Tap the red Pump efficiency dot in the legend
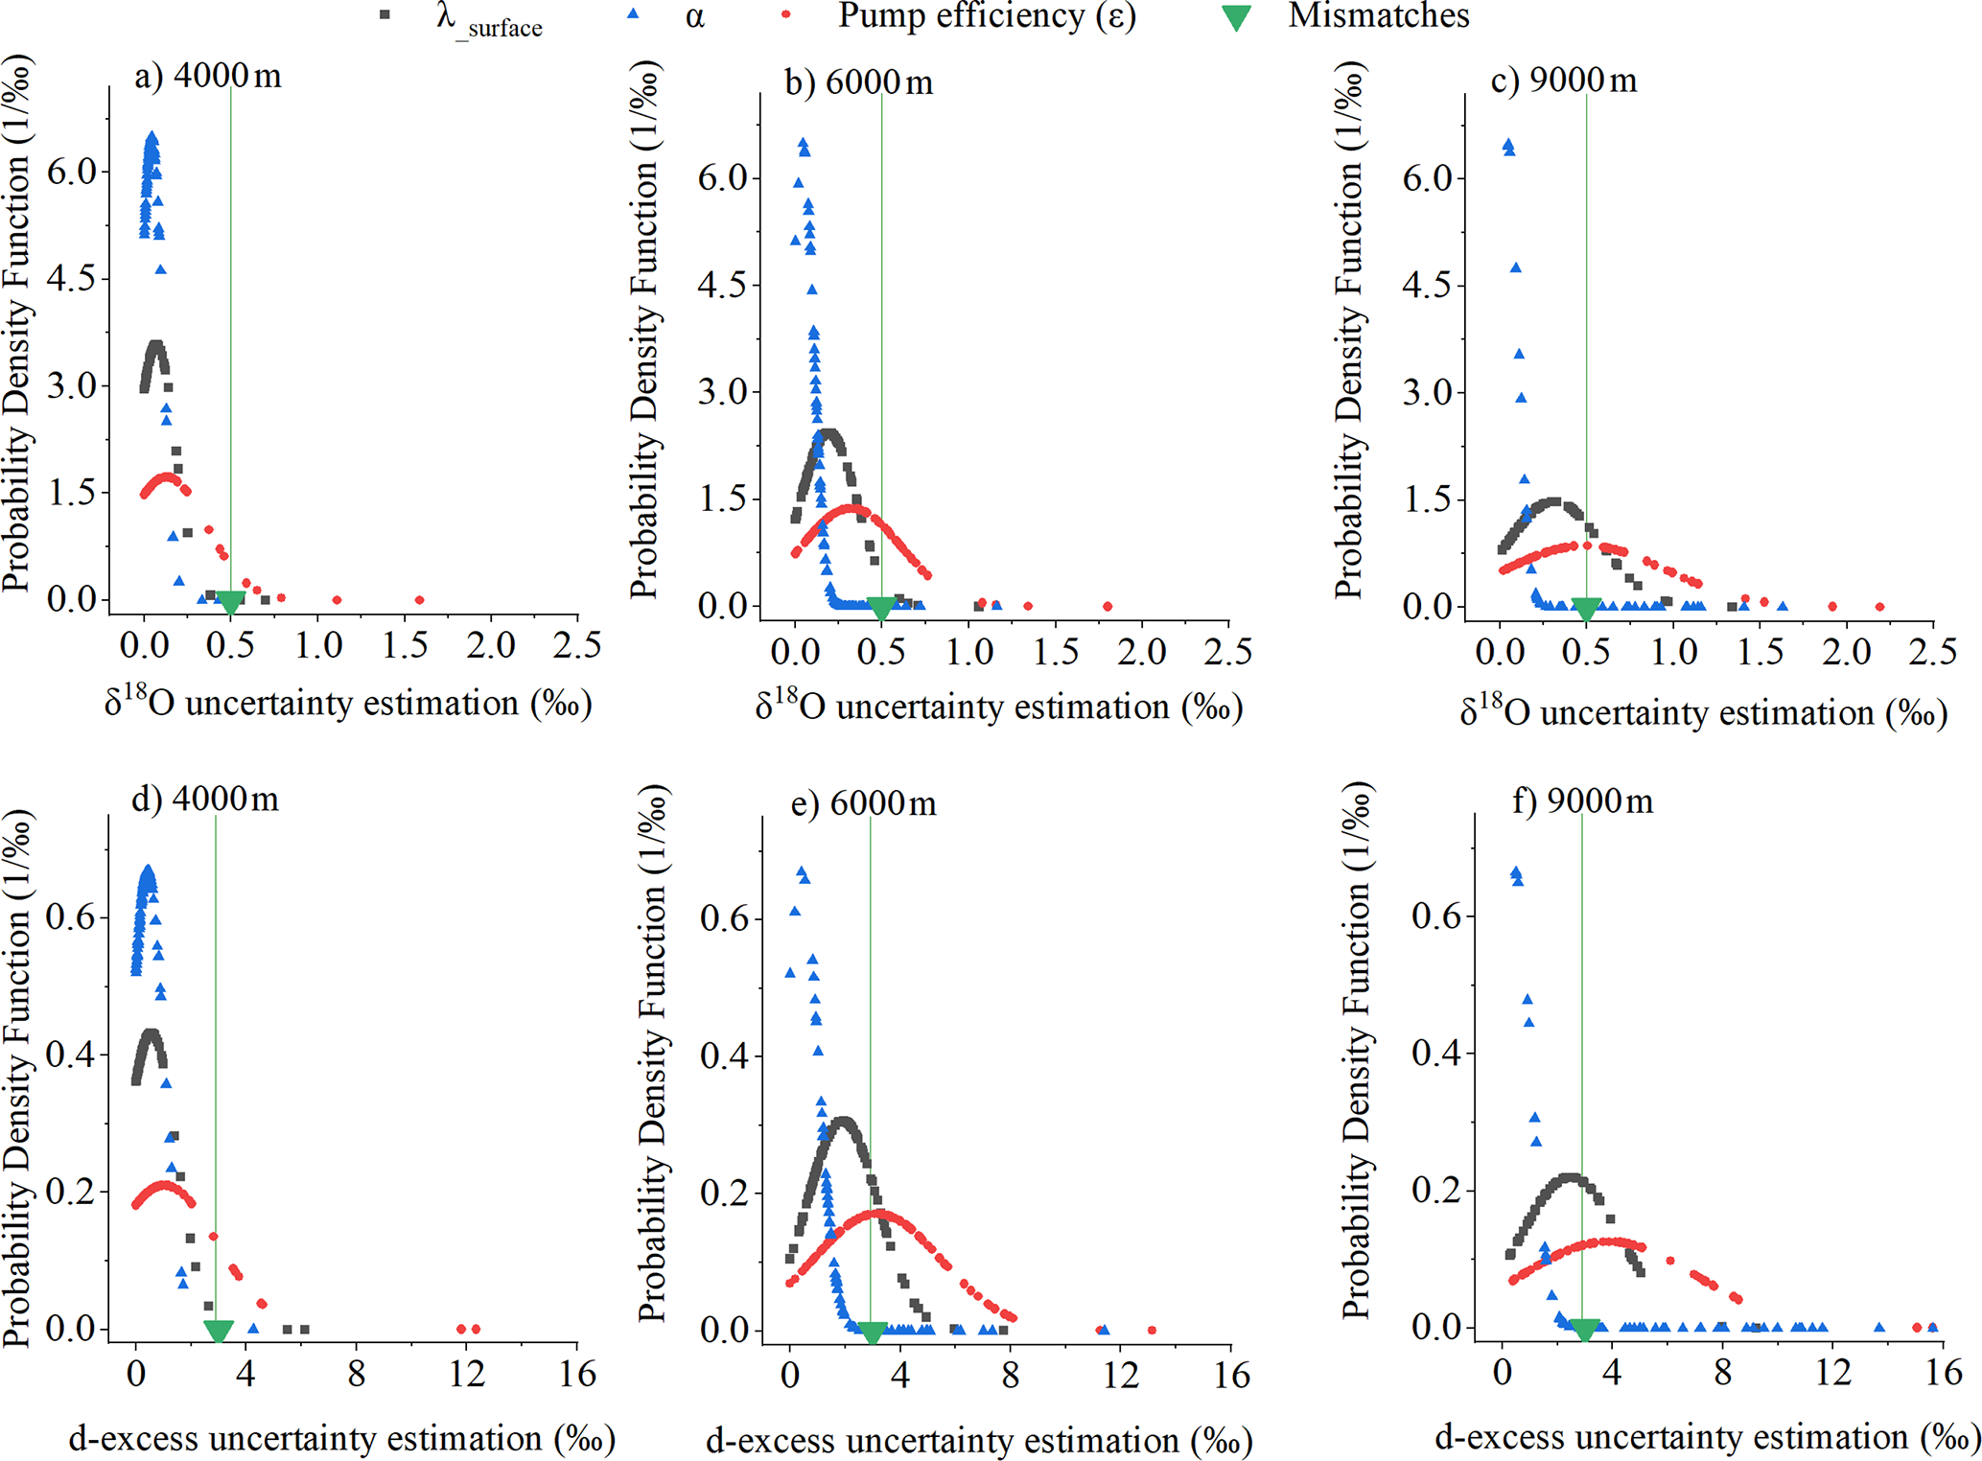point(785,15)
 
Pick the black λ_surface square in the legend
point(385,16)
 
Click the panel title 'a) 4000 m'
point(208,76)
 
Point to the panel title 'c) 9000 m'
point(1564,81)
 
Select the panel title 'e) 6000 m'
point(863,802)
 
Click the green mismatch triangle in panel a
point(230,603)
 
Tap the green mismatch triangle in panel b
point(881,609)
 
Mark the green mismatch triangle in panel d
point(219,1332)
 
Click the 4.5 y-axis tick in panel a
point(73,279)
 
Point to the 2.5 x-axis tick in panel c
point(1932,652)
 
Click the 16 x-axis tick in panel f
point(1944,1373)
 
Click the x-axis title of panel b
point(998,707)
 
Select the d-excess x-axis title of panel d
point(342,1438)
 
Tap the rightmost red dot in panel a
point(419,600)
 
